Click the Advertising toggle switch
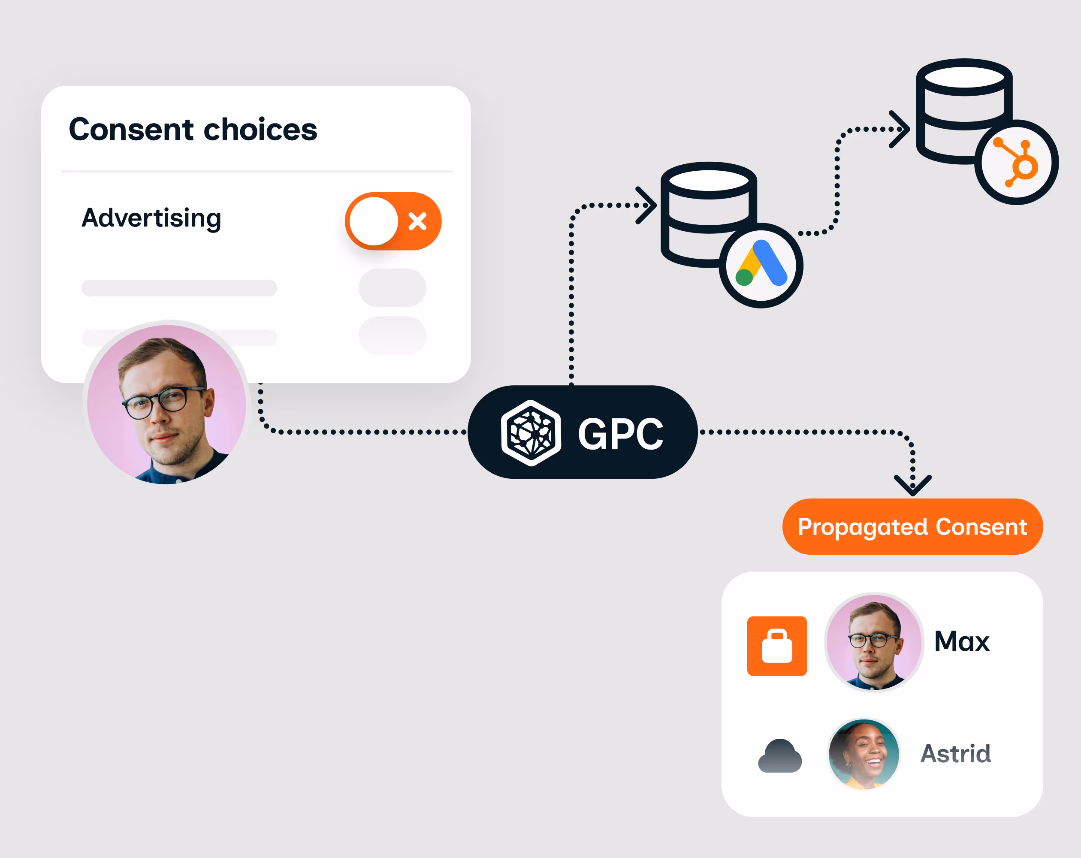[393, 221]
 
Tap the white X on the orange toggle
[417, 221]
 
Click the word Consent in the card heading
[131, 130]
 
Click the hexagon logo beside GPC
[531, 433]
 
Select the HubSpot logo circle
[1016, 163]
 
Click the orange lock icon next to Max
[777, 646]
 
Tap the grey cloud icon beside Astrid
[780, 756]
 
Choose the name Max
[962, 641]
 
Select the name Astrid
[956, 754]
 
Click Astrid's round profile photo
[864, 754]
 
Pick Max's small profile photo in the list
[874, 642]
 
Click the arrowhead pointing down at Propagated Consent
[912, 486]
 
